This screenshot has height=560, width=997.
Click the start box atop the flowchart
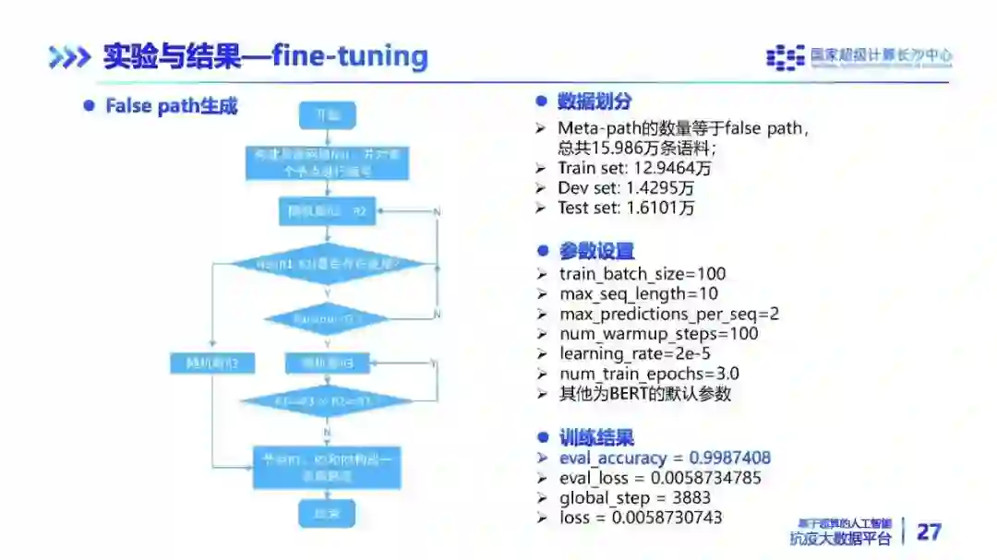click(328, 114)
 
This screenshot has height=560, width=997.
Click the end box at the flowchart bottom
click(328, 512)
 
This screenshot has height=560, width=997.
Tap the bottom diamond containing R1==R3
click(327, 401)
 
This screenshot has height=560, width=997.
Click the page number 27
click(929, 531)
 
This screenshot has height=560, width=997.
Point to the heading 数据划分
click(595, 101)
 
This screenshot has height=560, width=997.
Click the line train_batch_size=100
click(643, 274)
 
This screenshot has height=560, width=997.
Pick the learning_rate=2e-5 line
click(635, 353)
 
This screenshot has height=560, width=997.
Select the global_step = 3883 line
click(627, 498)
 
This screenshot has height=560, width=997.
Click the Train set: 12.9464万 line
click(634, 168)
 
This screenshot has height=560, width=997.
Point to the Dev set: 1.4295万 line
click(626, 188)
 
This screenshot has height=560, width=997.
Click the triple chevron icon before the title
click(69, 57)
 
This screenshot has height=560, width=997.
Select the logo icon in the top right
click(786, 57)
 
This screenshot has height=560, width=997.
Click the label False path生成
click(171, 106)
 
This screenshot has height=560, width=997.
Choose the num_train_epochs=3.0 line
click(649, 374)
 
